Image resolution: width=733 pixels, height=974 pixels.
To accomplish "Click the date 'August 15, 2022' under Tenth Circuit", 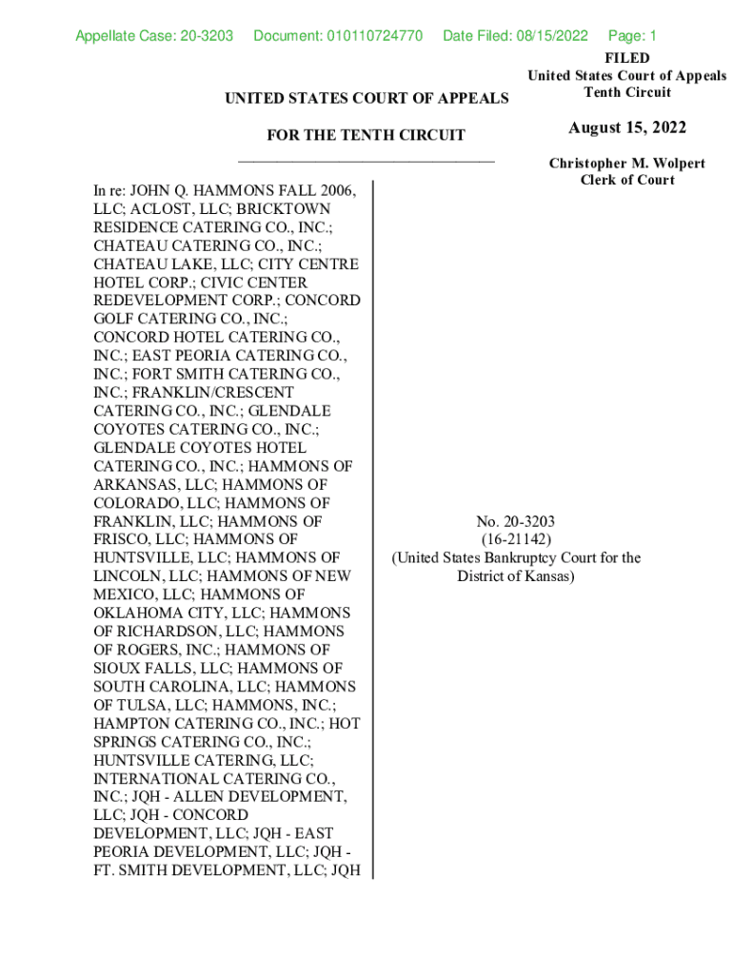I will (x=626, y=128).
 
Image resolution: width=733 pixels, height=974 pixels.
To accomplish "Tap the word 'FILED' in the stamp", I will (x=626, y=58).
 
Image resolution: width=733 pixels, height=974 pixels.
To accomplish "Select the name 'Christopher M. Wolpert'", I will (x=626, y=164).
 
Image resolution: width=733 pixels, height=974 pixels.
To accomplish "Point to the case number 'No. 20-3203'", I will (x=516, y=521).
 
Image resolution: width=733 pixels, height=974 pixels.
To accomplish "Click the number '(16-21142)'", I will (x=516, y=539).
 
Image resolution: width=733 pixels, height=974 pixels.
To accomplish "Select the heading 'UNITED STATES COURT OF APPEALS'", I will (x=366, y=98).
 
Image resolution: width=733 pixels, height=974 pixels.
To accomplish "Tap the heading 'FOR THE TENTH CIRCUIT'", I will (x=366, y=135).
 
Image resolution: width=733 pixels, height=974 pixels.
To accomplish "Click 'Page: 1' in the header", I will (x=632, y=36).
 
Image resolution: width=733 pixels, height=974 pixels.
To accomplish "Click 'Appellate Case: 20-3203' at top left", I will (x=154, y=36).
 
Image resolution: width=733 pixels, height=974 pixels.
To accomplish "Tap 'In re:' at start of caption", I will (x=109, y=190).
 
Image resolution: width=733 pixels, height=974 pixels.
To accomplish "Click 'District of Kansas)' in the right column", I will (x=516, y=576).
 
